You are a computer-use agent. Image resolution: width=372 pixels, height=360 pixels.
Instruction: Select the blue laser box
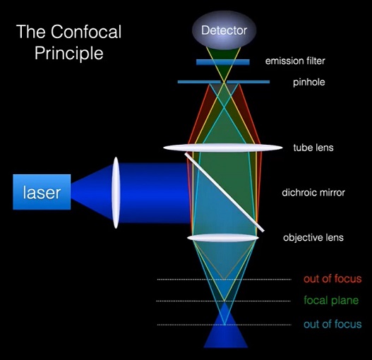[x=42, y=191]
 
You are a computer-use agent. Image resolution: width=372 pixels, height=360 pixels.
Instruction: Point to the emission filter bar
[x=223, y=62]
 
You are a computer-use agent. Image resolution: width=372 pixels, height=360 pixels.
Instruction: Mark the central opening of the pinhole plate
[x=224, y=82]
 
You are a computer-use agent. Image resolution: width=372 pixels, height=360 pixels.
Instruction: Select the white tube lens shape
[x=223, y=148]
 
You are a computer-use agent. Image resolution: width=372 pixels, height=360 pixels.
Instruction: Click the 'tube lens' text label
[x=313, y=148]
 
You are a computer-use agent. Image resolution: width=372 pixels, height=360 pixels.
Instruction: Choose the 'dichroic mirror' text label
[x=313, y=192]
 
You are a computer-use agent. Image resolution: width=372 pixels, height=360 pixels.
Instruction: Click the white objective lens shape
[x=223, y=239]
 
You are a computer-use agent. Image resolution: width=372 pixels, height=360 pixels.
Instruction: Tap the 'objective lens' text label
[x=313, y=238]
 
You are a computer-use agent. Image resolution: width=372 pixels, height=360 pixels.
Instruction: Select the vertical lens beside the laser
[x=116, y=192]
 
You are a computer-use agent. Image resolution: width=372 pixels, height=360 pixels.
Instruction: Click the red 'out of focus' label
[x=332, y=279]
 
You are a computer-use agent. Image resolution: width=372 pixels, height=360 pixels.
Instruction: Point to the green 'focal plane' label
[x=331, y=301]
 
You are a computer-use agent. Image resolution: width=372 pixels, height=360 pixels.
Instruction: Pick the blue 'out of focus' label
[x=332, y=324]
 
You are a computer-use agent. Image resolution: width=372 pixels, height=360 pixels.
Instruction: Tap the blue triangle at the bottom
[x=225, y=338]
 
